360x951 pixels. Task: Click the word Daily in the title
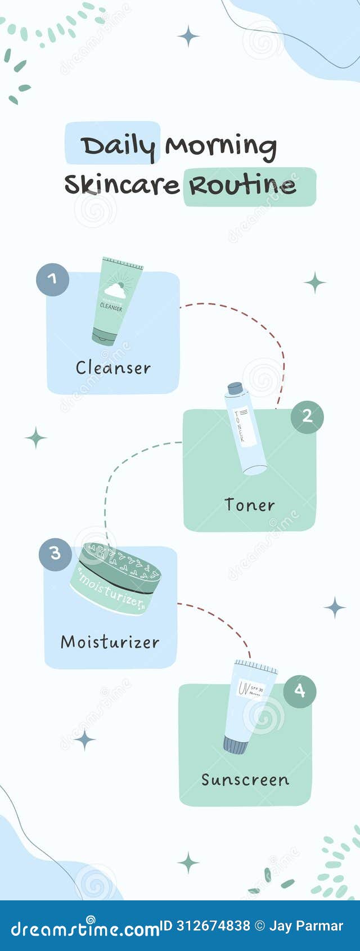(117, 146)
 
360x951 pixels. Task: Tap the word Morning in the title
(220, 146)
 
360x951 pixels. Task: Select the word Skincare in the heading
(121, 185)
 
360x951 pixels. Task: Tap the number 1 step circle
(52, 280)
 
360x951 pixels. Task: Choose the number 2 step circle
(307, 416)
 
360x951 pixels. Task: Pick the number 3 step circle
(55, 554)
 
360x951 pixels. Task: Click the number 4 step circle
(299, 690)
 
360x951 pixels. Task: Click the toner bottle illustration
(246, 430)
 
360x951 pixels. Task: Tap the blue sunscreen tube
(249, 706)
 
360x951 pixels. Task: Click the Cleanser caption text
(113, 368)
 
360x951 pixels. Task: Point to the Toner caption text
(249, 505)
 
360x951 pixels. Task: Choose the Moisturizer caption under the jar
(110, 642)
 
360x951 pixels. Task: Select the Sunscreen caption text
(245, 780)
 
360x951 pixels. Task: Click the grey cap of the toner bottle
(235, 388)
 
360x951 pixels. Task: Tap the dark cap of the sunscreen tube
(235, 746)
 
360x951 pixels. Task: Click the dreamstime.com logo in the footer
(84, 928)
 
